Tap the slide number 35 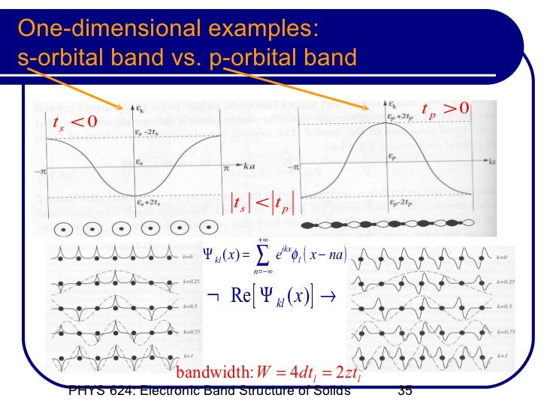pos(406,392)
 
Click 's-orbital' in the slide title pos(56,57)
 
